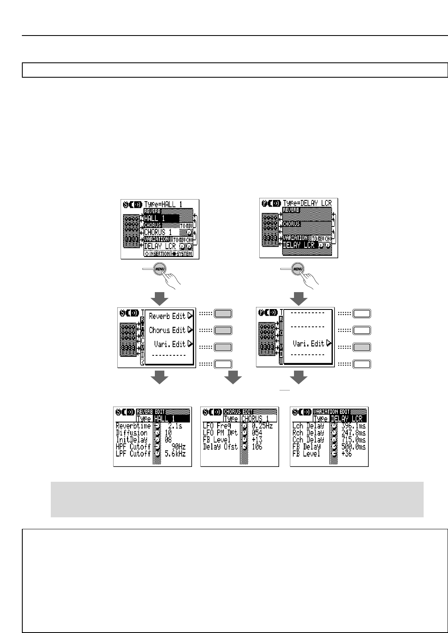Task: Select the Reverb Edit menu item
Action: point(168,316)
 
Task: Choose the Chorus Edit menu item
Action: point(168,330)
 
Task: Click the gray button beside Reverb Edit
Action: point(223,314)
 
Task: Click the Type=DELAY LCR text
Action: point(308,204)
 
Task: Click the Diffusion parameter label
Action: point(132,433)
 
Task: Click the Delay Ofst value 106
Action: point(257,447)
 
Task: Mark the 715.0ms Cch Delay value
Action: point(353,440)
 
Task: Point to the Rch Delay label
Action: point(308,433)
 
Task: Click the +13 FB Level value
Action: point(257,440)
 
